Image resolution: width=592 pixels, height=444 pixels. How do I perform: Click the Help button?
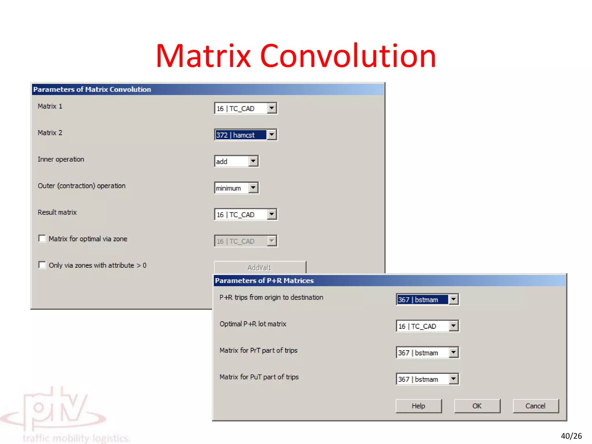pos(418,406)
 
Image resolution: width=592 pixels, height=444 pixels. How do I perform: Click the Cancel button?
pos(535,406)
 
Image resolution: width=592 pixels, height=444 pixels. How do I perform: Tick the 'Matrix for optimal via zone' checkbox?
pos(42,238)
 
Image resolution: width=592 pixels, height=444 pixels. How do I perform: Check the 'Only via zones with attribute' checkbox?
pos(42,265)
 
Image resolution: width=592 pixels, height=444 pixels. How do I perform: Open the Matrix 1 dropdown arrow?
pos(271,108)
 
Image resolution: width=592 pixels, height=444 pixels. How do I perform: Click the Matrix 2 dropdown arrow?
pos(271,135)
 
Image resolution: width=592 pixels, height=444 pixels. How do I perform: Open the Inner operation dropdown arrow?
pos(253,161)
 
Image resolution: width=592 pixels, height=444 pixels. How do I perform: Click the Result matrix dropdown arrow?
pos(271,214)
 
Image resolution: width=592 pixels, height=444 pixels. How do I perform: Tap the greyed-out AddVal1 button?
pos(260,267)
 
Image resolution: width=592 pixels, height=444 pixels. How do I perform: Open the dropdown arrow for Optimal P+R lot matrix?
pos(453,326)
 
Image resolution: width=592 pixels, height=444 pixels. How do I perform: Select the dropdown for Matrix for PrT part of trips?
pos(453,353)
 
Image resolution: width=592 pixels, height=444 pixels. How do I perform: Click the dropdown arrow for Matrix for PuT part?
pos(453,379)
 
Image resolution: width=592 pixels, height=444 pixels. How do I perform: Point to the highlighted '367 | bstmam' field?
pos(422,300)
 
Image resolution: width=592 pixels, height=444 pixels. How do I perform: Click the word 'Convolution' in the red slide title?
pos(348,56)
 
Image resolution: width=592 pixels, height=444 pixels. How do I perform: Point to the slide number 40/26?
pos(571,436)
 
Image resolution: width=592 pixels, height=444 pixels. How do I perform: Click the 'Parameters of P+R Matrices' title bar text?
pos(264,281)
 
